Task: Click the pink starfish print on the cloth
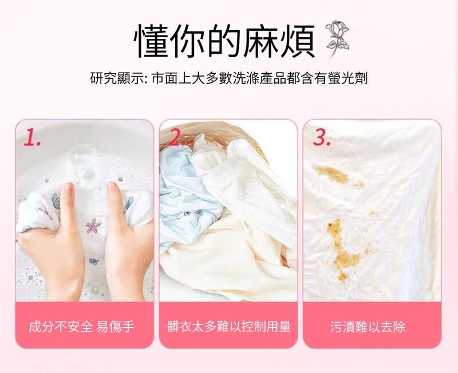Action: tap(93, 227)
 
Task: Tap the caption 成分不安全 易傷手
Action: tap(81, 327)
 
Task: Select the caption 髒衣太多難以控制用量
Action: tap(229, 327)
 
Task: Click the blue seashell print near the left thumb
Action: tap(56, 200)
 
